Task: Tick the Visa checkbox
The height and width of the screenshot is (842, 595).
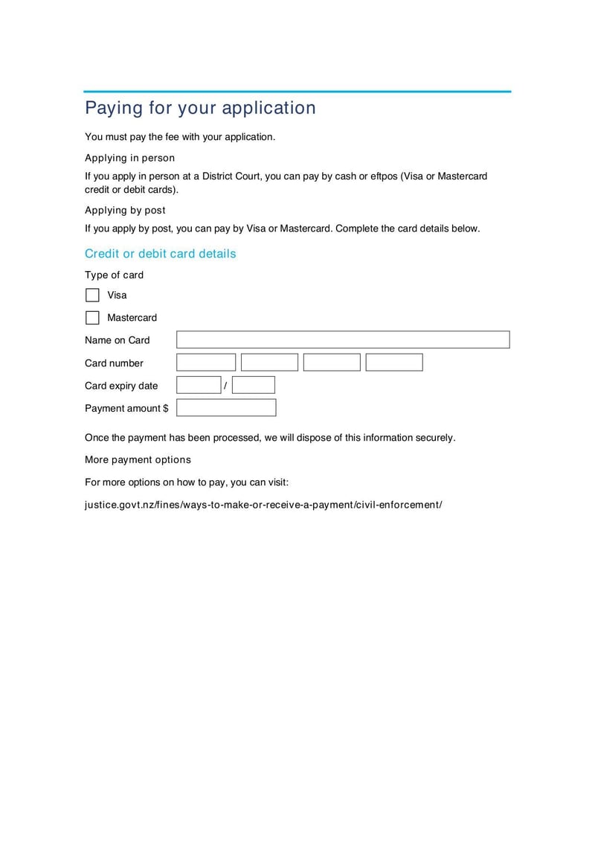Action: [x=92, y=295]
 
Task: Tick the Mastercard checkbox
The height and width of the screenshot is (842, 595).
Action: [x=92, y=318]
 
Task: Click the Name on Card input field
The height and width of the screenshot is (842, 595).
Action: [x=343, y=340]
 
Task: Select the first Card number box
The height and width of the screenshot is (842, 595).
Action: [x=206, y=363]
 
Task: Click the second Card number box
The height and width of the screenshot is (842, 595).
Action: [x=269, y=363]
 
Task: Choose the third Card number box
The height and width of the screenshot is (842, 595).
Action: [x=332, y=363]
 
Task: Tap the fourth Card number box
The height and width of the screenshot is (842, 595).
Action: [x=394, y=363]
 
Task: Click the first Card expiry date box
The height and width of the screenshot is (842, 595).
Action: [x=199, y=385]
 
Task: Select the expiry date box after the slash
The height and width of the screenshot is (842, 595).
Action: [x=253, y=385]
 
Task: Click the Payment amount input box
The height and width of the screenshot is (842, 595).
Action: [x=226, y=408]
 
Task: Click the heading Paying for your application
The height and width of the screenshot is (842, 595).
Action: [x=200, y=108]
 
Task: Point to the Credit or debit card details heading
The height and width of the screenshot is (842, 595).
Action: [x=160, y=254]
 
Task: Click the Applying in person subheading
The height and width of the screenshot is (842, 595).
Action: [x=129, y=158]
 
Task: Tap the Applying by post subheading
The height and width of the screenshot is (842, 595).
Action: [x=125, y=211]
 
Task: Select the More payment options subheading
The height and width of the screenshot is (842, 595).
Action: [x=138, y=460]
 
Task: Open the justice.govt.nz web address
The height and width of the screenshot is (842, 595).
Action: [x=263, y=505]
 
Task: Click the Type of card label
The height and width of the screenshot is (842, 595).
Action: [x=114, y=275]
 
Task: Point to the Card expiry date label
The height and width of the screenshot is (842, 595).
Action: [x=121, y=386]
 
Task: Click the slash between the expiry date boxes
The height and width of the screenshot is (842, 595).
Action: [x=225, y=386]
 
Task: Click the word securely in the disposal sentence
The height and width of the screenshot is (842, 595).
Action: [x=434, y=438]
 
